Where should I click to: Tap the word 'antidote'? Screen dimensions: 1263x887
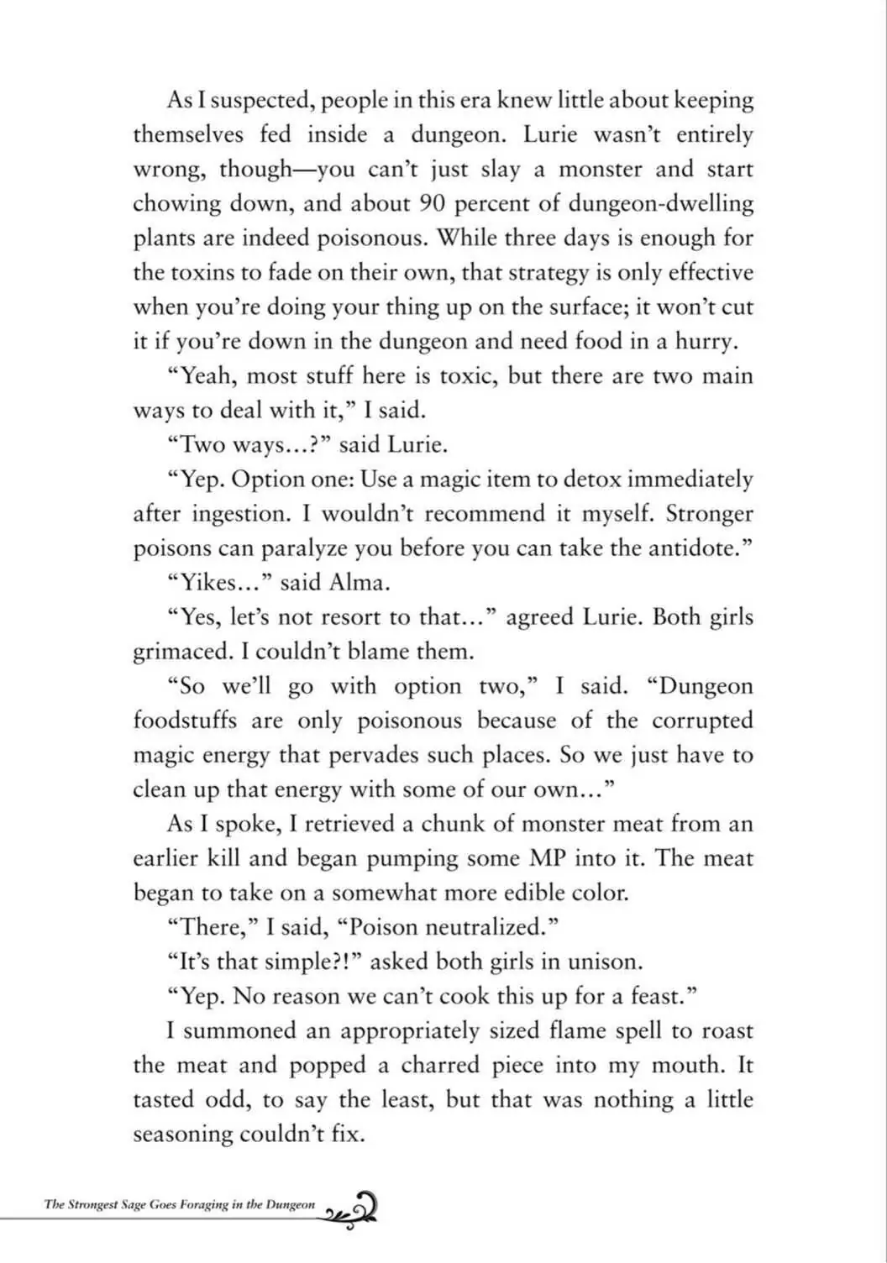693,548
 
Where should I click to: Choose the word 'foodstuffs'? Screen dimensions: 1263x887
185,721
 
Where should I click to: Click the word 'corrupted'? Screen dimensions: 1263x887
702,721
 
